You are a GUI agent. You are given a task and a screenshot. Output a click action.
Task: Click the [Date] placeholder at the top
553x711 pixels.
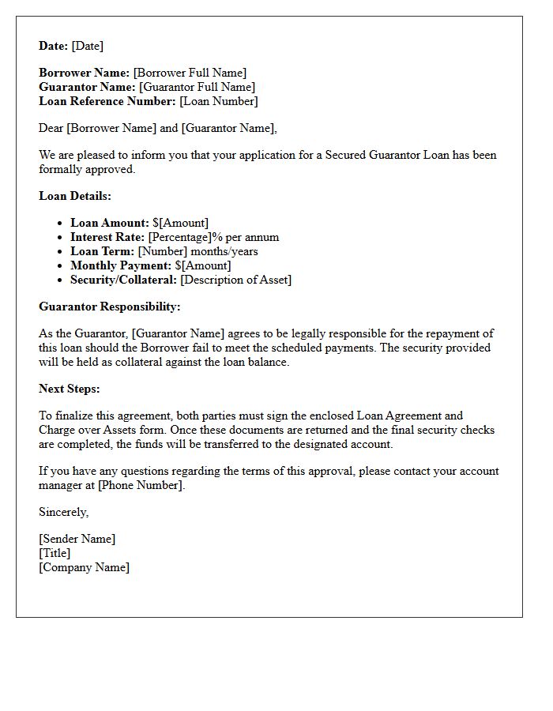(88, 46)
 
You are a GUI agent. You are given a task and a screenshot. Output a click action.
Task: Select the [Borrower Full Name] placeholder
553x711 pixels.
(190, 73)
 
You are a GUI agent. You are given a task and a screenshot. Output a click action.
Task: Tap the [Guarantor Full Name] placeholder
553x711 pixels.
(197, 87)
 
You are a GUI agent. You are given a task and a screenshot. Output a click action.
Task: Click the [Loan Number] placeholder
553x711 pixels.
(219, 101)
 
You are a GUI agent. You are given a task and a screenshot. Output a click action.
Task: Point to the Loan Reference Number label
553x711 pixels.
(107, 101)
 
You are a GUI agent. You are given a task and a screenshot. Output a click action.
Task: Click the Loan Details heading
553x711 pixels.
(75, 196)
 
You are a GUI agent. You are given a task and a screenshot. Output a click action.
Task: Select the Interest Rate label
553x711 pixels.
(107, 237)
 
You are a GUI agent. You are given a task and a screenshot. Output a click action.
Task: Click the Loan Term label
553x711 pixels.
(102, 251)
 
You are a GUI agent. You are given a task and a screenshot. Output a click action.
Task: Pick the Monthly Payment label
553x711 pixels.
(121, 265)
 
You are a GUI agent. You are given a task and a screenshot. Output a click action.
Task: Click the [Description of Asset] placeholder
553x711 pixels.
(235, 280)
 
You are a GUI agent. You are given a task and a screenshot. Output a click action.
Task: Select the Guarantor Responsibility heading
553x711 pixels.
(110, 307)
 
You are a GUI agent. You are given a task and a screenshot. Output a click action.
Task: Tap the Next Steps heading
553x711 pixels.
(70, 389)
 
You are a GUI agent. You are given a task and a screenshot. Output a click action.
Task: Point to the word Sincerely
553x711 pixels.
(63, 512)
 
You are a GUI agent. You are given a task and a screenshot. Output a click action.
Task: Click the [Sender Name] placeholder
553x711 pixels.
(77, 539)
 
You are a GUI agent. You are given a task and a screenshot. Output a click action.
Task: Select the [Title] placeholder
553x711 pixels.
(55, 553)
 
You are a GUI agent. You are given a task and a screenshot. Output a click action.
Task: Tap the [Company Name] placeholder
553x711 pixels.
(84, 567)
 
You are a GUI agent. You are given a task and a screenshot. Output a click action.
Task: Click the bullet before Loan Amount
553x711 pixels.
(62, 224)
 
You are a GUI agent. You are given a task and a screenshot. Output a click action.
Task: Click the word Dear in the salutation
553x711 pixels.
(51, 128)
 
